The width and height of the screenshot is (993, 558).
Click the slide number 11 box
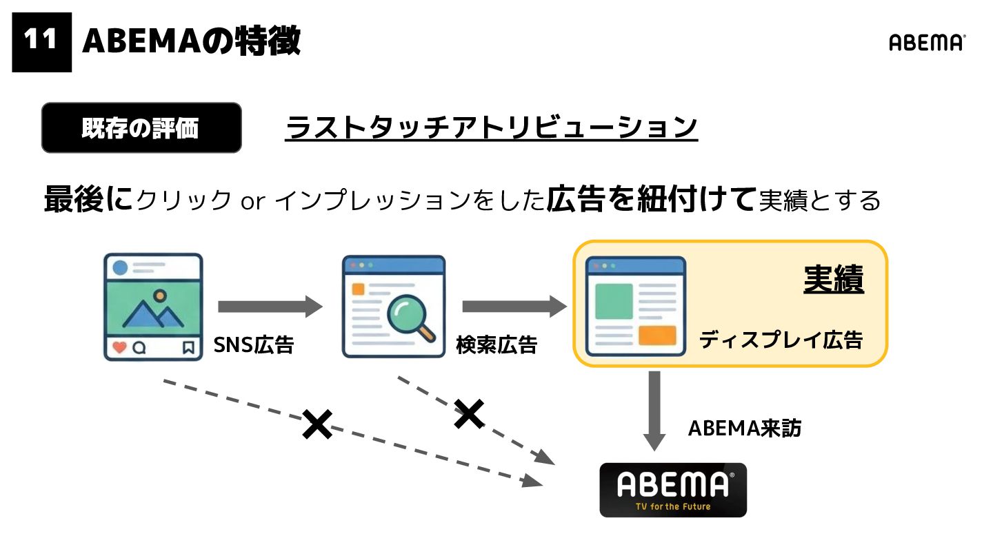point(41,41)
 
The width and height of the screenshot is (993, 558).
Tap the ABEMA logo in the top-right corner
point(927,43)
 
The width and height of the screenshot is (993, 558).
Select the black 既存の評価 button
point(141,128)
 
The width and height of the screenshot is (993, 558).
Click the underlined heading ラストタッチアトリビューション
point(491,128)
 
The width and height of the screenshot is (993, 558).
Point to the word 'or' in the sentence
point(252,201)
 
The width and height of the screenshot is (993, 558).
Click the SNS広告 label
point(254,344)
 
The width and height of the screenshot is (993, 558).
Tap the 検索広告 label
point(496,344)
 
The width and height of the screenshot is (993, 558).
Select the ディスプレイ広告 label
point(781,340)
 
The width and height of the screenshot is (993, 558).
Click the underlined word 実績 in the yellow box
point(834,280)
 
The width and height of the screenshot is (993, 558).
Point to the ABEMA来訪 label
point(745,428)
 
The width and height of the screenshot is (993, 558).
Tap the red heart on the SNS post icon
point(119,348)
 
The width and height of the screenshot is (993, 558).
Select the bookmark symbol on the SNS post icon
point(188,348)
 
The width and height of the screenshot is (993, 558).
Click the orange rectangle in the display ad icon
point(656,335)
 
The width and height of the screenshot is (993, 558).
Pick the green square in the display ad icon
point(614,301)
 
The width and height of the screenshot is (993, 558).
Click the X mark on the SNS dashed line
point(317,424)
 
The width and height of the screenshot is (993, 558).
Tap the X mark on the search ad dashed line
point(469,414)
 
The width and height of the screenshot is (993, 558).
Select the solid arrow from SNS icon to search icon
point(270,307)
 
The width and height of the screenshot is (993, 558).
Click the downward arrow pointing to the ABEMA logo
point(654,411)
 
